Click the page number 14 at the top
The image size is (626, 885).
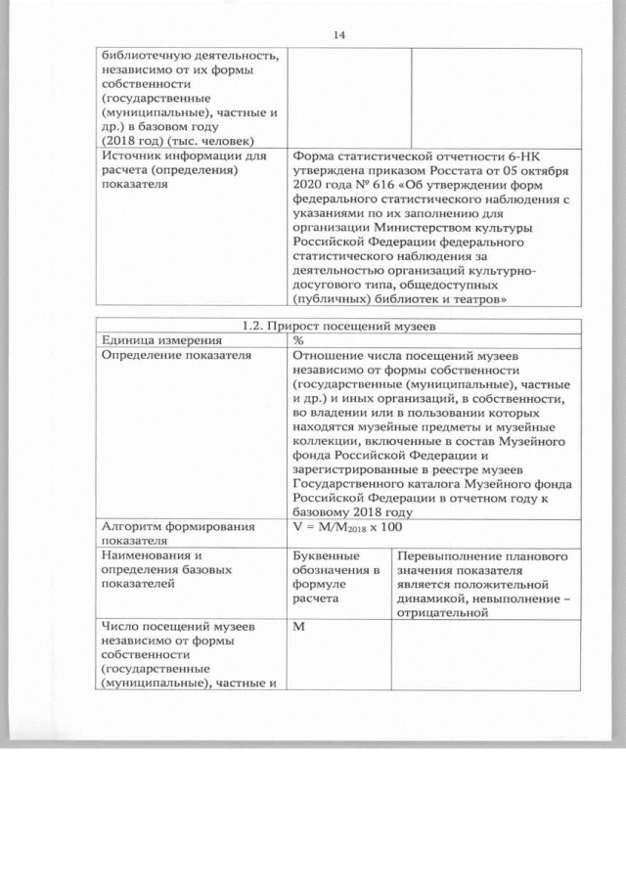(338, 35)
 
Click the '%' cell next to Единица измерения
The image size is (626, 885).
(298, 339)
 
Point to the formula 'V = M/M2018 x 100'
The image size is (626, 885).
(347, 527)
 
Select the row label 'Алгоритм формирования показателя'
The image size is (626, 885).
(176, 533)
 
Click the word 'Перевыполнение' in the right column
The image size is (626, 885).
(448, 555)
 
